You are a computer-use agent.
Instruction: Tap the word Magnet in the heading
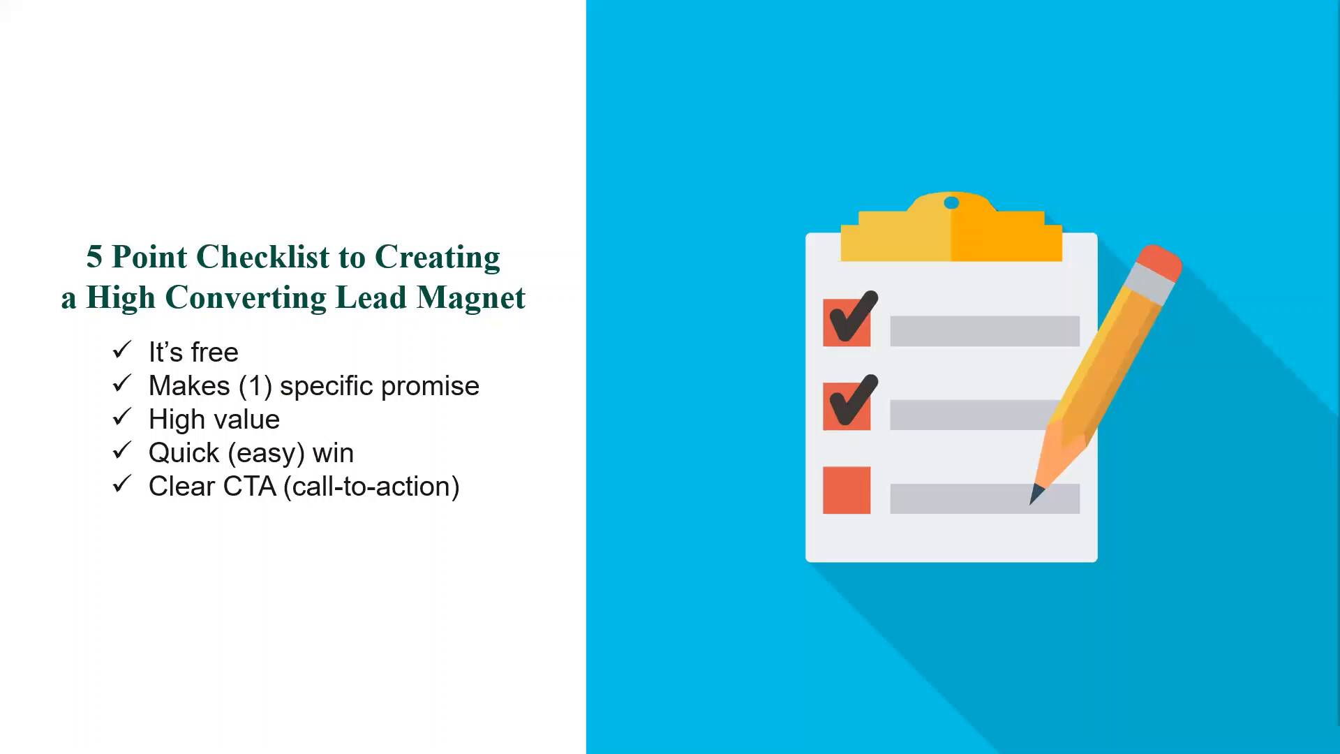tap(471, 298)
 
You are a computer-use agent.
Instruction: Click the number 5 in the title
tap(94, 257)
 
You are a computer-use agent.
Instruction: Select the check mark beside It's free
tap(122, 350)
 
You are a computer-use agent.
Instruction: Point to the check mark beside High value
tap(122, 417)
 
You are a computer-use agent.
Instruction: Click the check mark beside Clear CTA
tap(122, 484)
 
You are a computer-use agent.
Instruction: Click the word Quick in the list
tap(184, 453)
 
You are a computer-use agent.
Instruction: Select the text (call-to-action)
tap(371, 487)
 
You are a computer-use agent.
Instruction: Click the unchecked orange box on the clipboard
tap(847, 490)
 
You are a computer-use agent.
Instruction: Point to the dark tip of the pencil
tap(1036, 494)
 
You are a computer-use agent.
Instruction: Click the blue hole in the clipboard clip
tap(951, 203)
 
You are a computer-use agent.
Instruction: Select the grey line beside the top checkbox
tap(985, 331)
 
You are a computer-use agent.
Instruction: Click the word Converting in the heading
tap(246, 298)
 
